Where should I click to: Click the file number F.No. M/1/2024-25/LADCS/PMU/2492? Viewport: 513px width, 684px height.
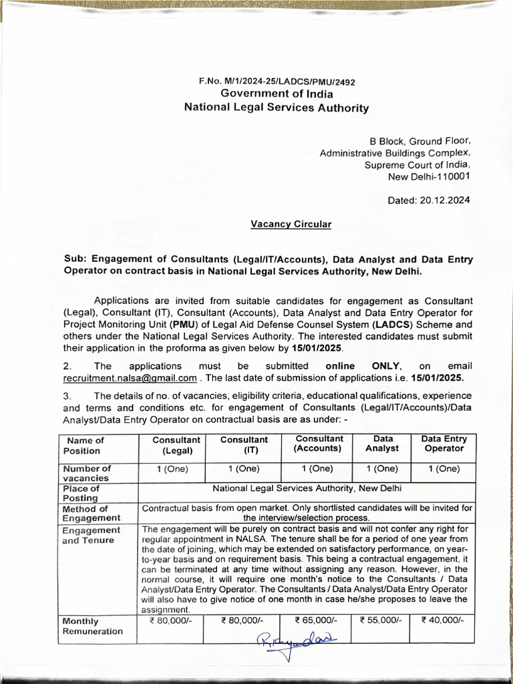(x=277, y=81)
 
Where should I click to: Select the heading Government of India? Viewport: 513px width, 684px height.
(x=277, y=94)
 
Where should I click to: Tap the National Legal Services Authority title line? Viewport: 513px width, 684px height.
(x=277, y=107)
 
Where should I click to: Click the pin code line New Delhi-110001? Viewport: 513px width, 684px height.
(x=429, y=176)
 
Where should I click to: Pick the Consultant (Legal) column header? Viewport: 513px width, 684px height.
(x=176, y=446)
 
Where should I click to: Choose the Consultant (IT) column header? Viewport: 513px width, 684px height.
(x=244, y=446)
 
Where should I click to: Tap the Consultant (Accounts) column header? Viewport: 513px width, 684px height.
(x=319, y=444)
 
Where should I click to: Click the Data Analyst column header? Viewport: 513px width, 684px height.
(x=383, y=444)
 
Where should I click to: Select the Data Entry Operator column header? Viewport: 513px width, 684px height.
(x=444, y=444)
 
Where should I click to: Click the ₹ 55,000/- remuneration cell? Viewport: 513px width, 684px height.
(x=380, y=620)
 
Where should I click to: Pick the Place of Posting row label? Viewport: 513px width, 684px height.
(x=81, y=493)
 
